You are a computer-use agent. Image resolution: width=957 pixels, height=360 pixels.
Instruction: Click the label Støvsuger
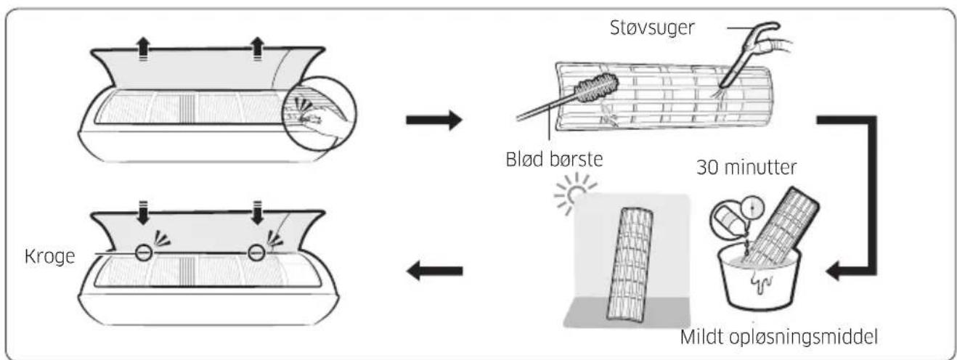pos(652,28)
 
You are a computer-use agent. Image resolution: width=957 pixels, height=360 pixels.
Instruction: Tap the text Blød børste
pos(554,159)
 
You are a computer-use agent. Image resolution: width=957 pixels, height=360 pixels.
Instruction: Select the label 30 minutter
pos(746,167)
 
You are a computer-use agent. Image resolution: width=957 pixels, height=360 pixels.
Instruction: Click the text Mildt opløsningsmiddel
pos(779,337)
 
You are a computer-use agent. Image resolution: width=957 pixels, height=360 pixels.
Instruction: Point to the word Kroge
pos(50,256)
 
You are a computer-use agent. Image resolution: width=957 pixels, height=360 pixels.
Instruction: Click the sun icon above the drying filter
pos(575,195)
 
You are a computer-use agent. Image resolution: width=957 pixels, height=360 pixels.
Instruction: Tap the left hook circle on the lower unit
pos(144,253)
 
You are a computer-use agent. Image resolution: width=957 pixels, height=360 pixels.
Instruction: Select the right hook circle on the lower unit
pos(256,253)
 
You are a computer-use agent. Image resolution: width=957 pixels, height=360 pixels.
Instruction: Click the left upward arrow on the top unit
pos(143,49)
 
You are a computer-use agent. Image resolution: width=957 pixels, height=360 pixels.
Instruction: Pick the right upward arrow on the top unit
pos(257,49)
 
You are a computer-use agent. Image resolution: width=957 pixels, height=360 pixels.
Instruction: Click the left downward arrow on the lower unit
pos(143,212)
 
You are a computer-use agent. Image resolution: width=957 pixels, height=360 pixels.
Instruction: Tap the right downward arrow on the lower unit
pos(257,212)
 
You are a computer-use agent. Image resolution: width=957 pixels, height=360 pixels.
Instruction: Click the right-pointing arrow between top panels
pos(434,120)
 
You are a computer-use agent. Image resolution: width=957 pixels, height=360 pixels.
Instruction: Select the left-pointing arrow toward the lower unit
pos(434,271)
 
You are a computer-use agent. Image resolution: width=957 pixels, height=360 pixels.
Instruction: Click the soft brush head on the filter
pos(596,88)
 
